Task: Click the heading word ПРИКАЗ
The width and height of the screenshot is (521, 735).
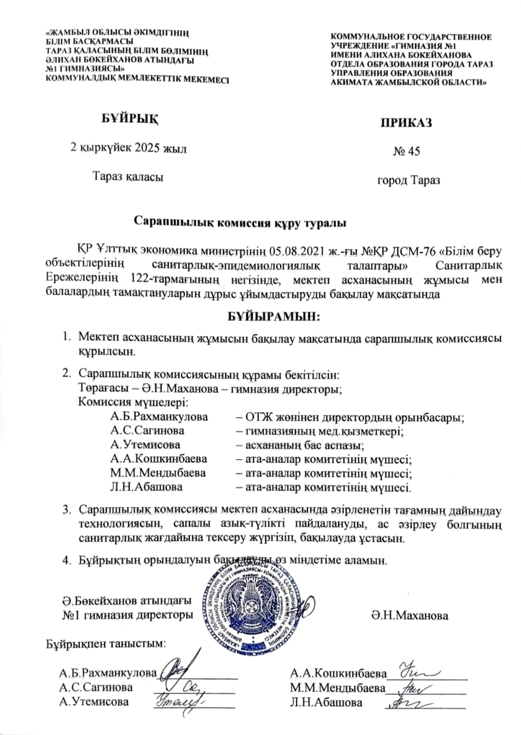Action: pyautogui.click(x=406, y=122)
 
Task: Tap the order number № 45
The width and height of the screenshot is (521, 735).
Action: pyautogui.click(x=406, y=151)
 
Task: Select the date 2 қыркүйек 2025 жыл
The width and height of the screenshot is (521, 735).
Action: pyautogui.click(x=129, y=148)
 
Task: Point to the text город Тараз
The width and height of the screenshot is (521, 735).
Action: pyautogui.click(x=408, y=180)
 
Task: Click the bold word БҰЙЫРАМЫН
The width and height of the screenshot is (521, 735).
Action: pyautogui.click(x=273, y=316)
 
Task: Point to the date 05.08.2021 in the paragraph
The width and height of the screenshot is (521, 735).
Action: pyautogui.click(x=299, y=252)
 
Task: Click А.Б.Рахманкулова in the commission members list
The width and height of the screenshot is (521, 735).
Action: pyautogui.click(x=159, y=417)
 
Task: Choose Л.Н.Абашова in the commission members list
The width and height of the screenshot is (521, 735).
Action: pyautogui.click(x=146, y=487)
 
